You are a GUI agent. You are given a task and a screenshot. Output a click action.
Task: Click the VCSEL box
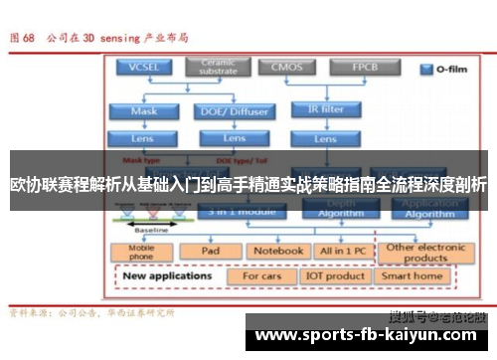(142, 68)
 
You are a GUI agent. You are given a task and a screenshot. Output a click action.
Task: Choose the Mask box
(143, 112)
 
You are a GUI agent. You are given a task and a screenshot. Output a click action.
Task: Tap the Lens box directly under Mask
(143, 137)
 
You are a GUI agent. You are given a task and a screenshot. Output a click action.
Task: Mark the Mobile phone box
(142, 252)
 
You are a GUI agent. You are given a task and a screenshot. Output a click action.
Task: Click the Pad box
(211, 252)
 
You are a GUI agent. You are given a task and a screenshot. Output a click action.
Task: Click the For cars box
(263, 276)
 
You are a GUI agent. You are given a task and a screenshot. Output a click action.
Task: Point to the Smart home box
(412, 276)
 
